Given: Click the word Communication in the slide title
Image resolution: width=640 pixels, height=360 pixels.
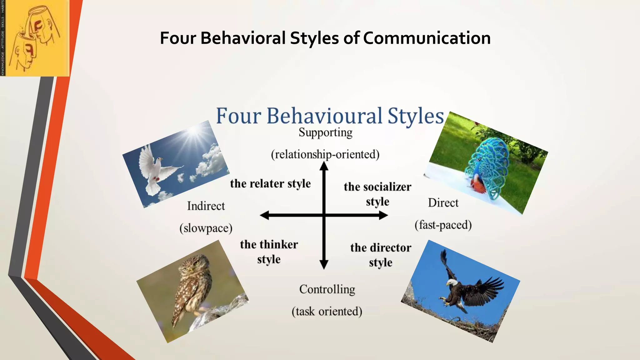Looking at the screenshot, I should [x=427, y=38].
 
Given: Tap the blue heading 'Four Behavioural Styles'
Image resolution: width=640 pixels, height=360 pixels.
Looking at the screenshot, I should [x=330, y=116].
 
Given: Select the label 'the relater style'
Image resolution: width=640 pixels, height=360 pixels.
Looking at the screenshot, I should [x=270, y=184].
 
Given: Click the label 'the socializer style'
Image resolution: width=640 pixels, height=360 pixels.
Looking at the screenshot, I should [x=377, y=194].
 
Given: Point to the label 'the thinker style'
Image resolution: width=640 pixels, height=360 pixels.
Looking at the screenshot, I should [x=269, y=252].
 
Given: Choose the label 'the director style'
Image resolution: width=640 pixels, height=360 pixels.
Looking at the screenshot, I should [x=381, y=255].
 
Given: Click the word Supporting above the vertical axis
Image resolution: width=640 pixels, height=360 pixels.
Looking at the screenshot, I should [x=325, y=132].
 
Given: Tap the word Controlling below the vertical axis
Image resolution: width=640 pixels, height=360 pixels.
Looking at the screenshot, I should [x=327, y=289].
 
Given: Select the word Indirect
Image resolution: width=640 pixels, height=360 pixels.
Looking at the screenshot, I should [x=206, y=206].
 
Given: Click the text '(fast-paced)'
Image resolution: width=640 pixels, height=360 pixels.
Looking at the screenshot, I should [x=443, y=225].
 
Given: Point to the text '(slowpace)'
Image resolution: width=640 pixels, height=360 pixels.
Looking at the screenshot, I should [x=206, y=228].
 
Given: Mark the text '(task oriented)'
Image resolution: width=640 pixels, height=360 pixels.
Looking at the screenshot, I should [x=327, y=312].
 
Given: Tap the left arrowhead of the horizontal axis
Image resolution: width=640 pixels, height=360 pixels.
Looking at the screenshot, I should [x=264, y=215].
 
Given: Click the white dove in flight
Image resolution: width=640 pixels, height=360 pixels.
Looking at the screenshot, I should [x=155, y=169].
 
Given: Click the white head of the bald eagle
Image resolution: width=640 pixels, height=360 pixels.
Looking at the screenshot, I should [x=451, y=282].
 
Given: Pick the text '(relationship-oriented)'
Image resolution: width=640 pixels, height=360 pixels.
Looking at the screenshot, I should [x=325, y=154].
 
